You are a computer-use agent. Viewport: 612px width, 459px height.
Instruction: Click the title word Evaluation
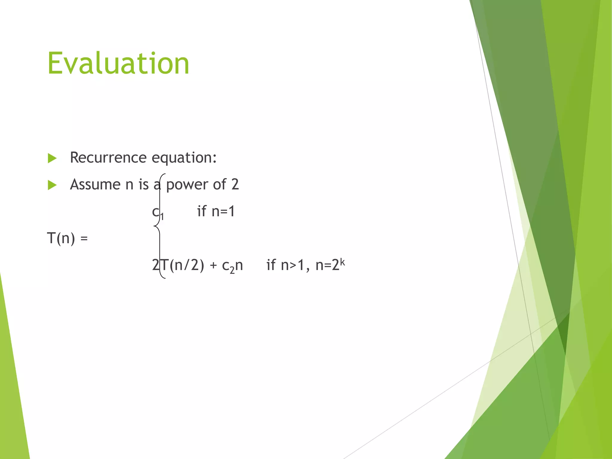(x=118, y=63)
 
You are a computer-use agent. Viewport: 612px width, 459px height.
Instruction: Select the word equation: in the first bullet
(x=184, y=158)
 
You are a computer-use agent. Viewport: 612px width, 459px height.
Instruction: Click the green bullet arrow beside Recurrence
(x=52, y=158)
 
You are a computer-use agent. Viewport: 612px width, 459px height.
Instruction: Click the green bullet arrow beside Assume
(x=52, y=185)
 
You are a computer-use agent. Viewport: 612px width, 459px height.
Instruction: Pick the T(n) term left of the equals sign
(x=61, y=238)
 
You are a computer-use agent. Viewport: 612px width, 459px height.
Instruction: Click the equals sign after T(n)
(x=84, y=238)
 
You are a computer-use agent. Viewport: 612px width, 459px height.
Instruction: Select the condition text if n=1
(x=216, y=211)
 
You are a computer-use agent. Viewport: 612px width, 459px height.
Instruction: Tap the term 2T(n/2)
(x=178, y=265)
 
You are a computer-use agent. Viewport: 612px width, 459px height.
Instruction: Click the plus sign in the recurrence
(x=213, y=265)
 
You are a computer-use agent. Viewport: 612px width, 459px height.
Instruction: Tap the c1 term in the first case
(x=157, y=212)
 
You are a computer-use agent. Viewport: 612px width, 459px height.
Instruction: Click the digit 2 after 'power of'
(x=235, y=184)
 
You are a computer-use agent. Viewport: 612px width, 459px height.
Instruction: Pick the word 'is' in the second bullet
(x=143, y=184)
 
